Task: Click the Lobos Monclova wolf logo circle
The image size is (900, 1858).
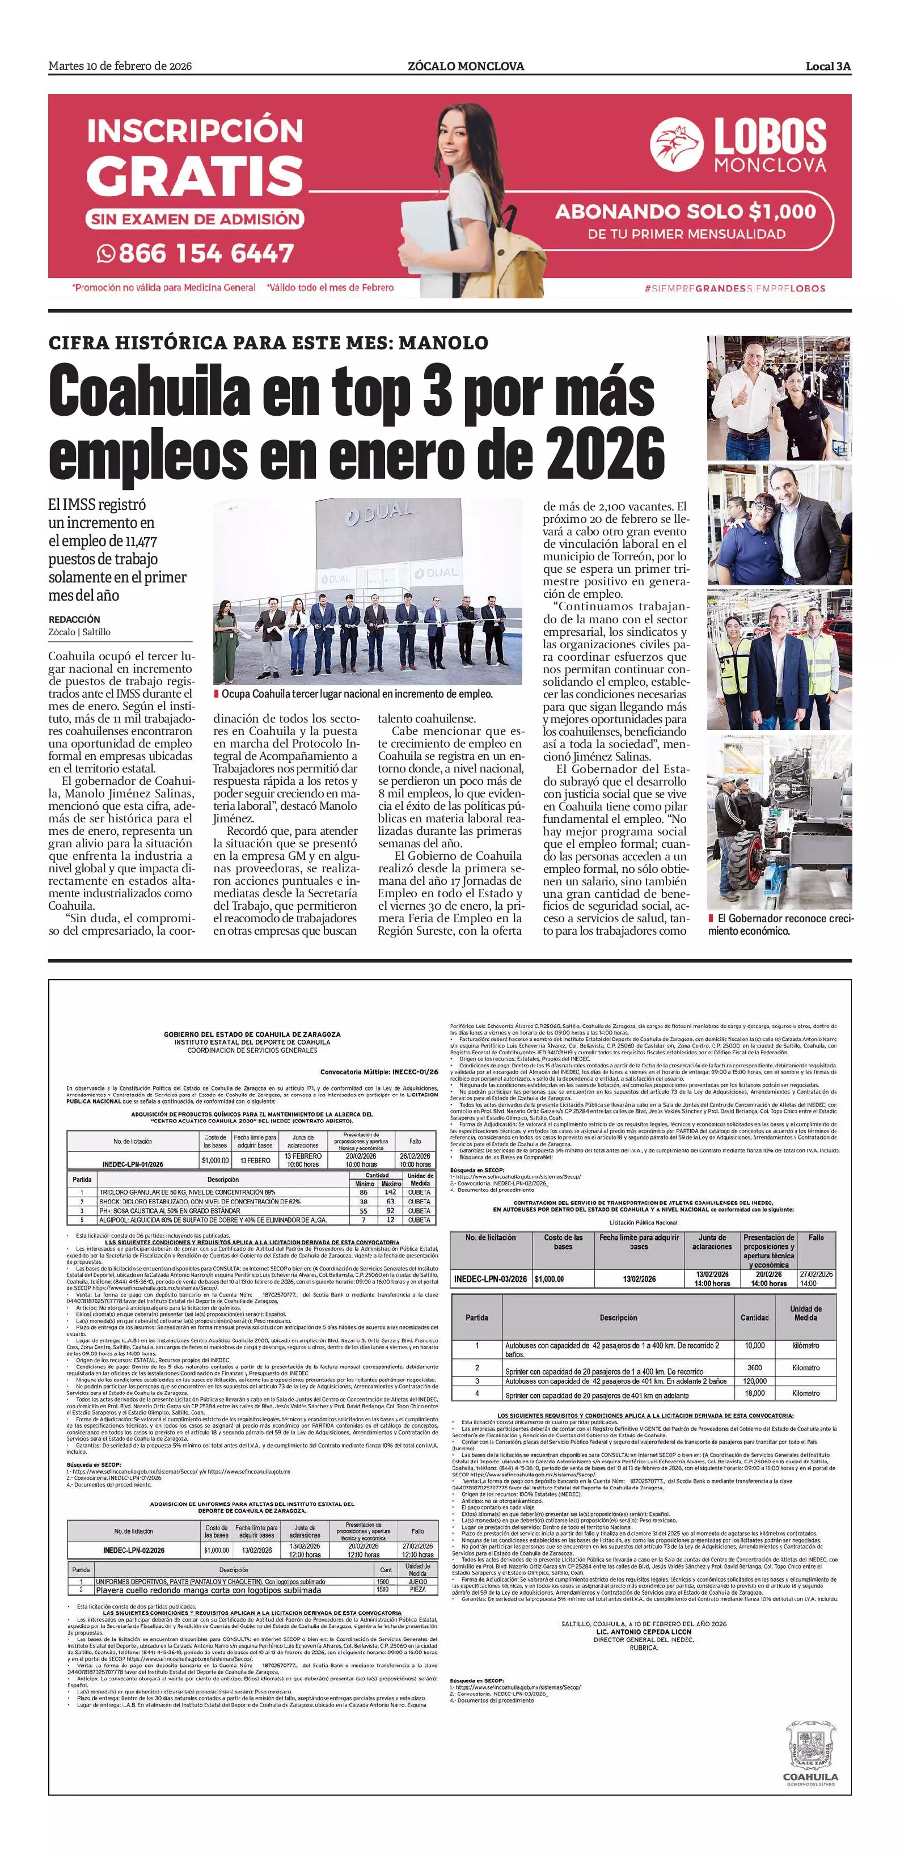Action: click(676, 144)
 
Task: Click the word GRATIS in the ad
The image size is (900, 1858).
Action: click(195, 176)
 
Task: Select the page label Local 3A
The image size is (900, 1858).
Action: click(828, 66)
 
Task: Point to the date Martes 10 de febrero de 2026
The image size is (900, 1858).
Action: click(120, 66)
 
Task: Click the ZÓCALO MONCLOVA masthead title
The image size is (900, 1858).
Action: click(466, 66)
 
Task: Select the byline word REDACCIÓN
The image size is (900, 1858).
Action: click(74, 619)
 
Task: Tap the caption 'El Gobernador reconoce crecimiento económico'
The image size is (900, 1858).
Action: click(780, 924)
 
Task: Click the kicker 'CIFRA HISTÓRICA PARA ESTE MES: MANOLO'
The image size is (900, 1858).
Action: click(268, 343)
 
